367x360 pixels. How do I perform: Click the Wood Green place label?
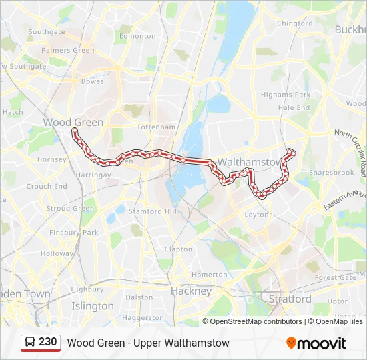73,122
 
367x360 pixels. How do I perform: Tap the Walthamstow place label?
250,162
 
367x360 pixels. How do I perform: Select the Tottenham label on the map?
155,127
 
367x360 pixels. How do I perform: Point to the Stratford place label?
290,299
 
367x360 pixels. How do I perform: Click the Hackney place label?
191,291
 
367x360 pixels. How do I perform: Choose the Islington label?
92,306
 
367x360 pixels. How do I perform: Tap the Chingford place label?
294,23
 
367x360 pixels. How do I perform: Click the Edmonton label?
137,36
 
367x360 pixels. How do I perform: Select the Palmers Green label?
71,50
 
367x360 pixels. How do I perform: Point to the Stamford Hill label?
155,211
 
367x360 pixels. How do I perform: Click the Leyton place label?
257,215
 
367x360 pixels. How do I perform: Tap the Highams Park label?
286,95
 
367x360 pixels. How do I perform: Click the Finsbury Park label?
73,233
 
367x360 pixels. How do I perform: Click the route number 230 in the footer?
47,342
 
